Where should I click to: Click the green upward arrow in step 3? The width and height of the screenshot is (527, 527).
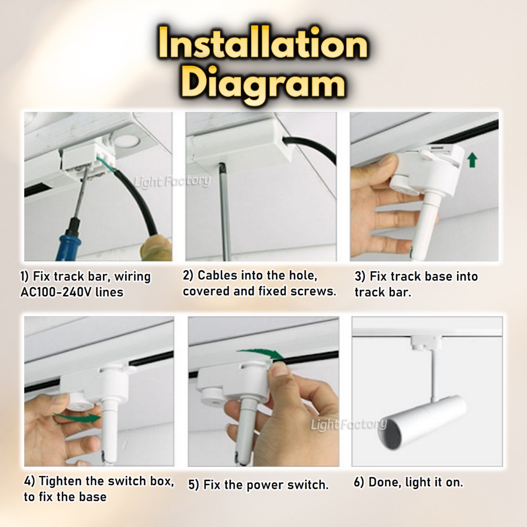[x=472, y=160]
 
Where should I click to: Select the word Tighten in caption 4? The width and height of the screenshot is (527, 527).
[x=61, y=482]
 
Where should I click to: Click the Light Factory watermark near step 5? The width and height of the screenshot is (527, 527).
[x=348, y=425]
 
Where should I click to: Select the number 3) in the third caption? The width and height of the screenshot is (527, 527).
[x=360, y=276]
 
